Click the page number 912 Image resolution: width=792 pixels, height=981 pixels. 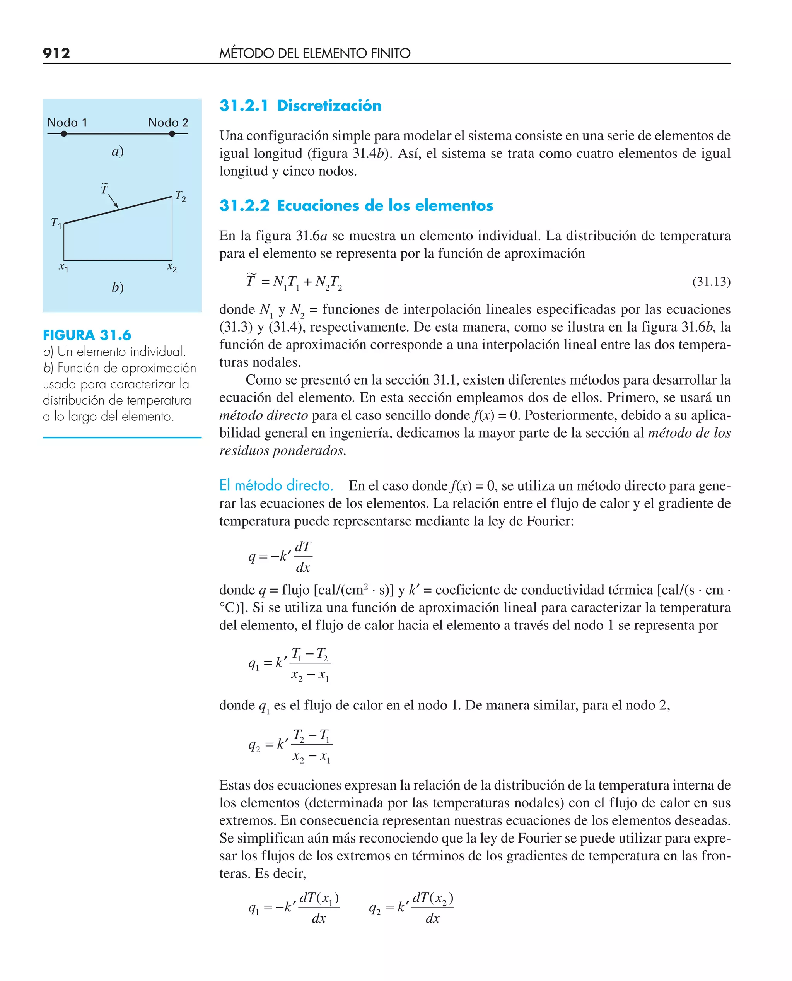[56, 53]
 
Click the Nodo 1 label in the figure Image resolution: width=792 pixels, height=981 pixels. [67, 123]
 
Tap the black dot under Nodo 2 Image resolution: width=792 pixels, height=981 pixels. [172, 134]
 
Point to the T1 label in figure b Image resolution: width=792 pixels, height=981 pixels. [56, 223]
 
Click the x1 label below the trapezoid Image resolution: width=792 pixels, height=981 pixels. [63, 267]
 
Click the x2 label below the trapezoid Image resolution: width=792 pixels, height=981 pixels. [172, 267]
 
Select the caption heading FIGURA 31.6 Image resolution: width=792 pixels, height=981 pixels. [87, 335]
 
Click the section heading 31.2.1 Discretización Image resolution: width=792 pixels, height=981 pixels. [300, 105]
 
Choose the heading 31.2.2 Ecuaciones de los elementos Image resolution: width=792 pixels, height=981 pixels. [356, 205]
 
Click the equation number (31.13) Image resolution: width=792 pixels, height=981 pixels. [711, 282]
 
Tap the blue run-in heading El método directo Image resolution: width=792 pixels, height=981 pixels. [276, 485]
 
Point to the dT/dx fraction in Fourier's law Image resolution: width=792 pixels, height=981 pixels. [303, 557]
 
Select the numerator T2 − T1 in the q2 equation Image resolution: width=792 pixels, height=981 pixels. [312, 736]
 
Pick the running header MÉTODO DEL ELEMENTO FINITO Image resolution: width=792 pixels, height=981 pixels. [315, 53]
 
